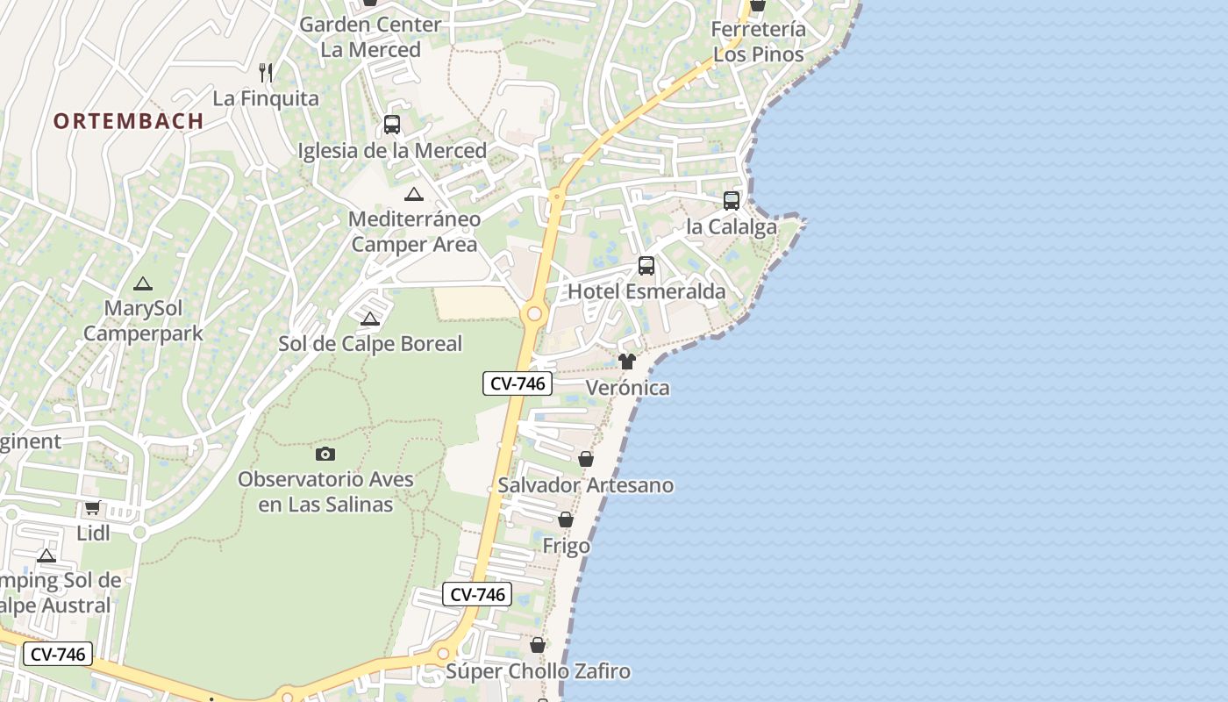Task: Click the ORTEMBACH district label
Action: [x=128, y=121]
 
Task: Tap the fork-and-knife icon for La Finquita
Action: [x=267, y=73]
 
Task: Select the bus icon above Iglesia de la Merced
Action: [x=392, y=125]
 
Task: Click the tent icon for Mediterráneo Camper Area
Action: [x=414, y=195]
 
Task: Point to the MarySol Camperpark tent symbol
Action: [x=143, y=284]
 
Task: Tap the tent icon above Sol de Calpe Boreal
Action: [x=370, y=319]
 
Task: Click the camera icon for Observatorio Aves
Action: [x=325, y=454]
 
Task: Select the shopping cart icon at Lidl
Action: [x=92, y=507]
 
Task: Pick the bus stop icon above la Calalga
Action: [x=732, y=201]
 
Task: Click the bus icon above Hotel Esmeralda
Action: [x=646, y=266]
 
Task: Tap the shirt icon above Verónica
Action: [x=626, y=362]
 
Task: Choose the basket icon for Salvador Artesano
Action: [x=586, y=459]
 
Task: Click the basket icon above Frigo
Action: [x=566, y=520]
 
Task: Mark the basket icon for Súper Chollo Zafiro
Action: [x=538, y=646]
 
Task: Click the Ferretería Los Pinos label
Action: [x=758, y=42]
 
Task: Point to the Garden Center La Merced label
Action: [x=370, y=37]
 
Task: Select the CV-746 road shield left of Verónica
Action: [x=518, y=383]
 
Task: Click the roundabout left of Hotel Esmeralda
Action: [x=534, y=314]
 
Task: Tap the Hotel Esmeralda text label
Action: [x=647, y=291]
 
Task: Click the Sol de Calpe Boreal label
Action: [x=370, y=344]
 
